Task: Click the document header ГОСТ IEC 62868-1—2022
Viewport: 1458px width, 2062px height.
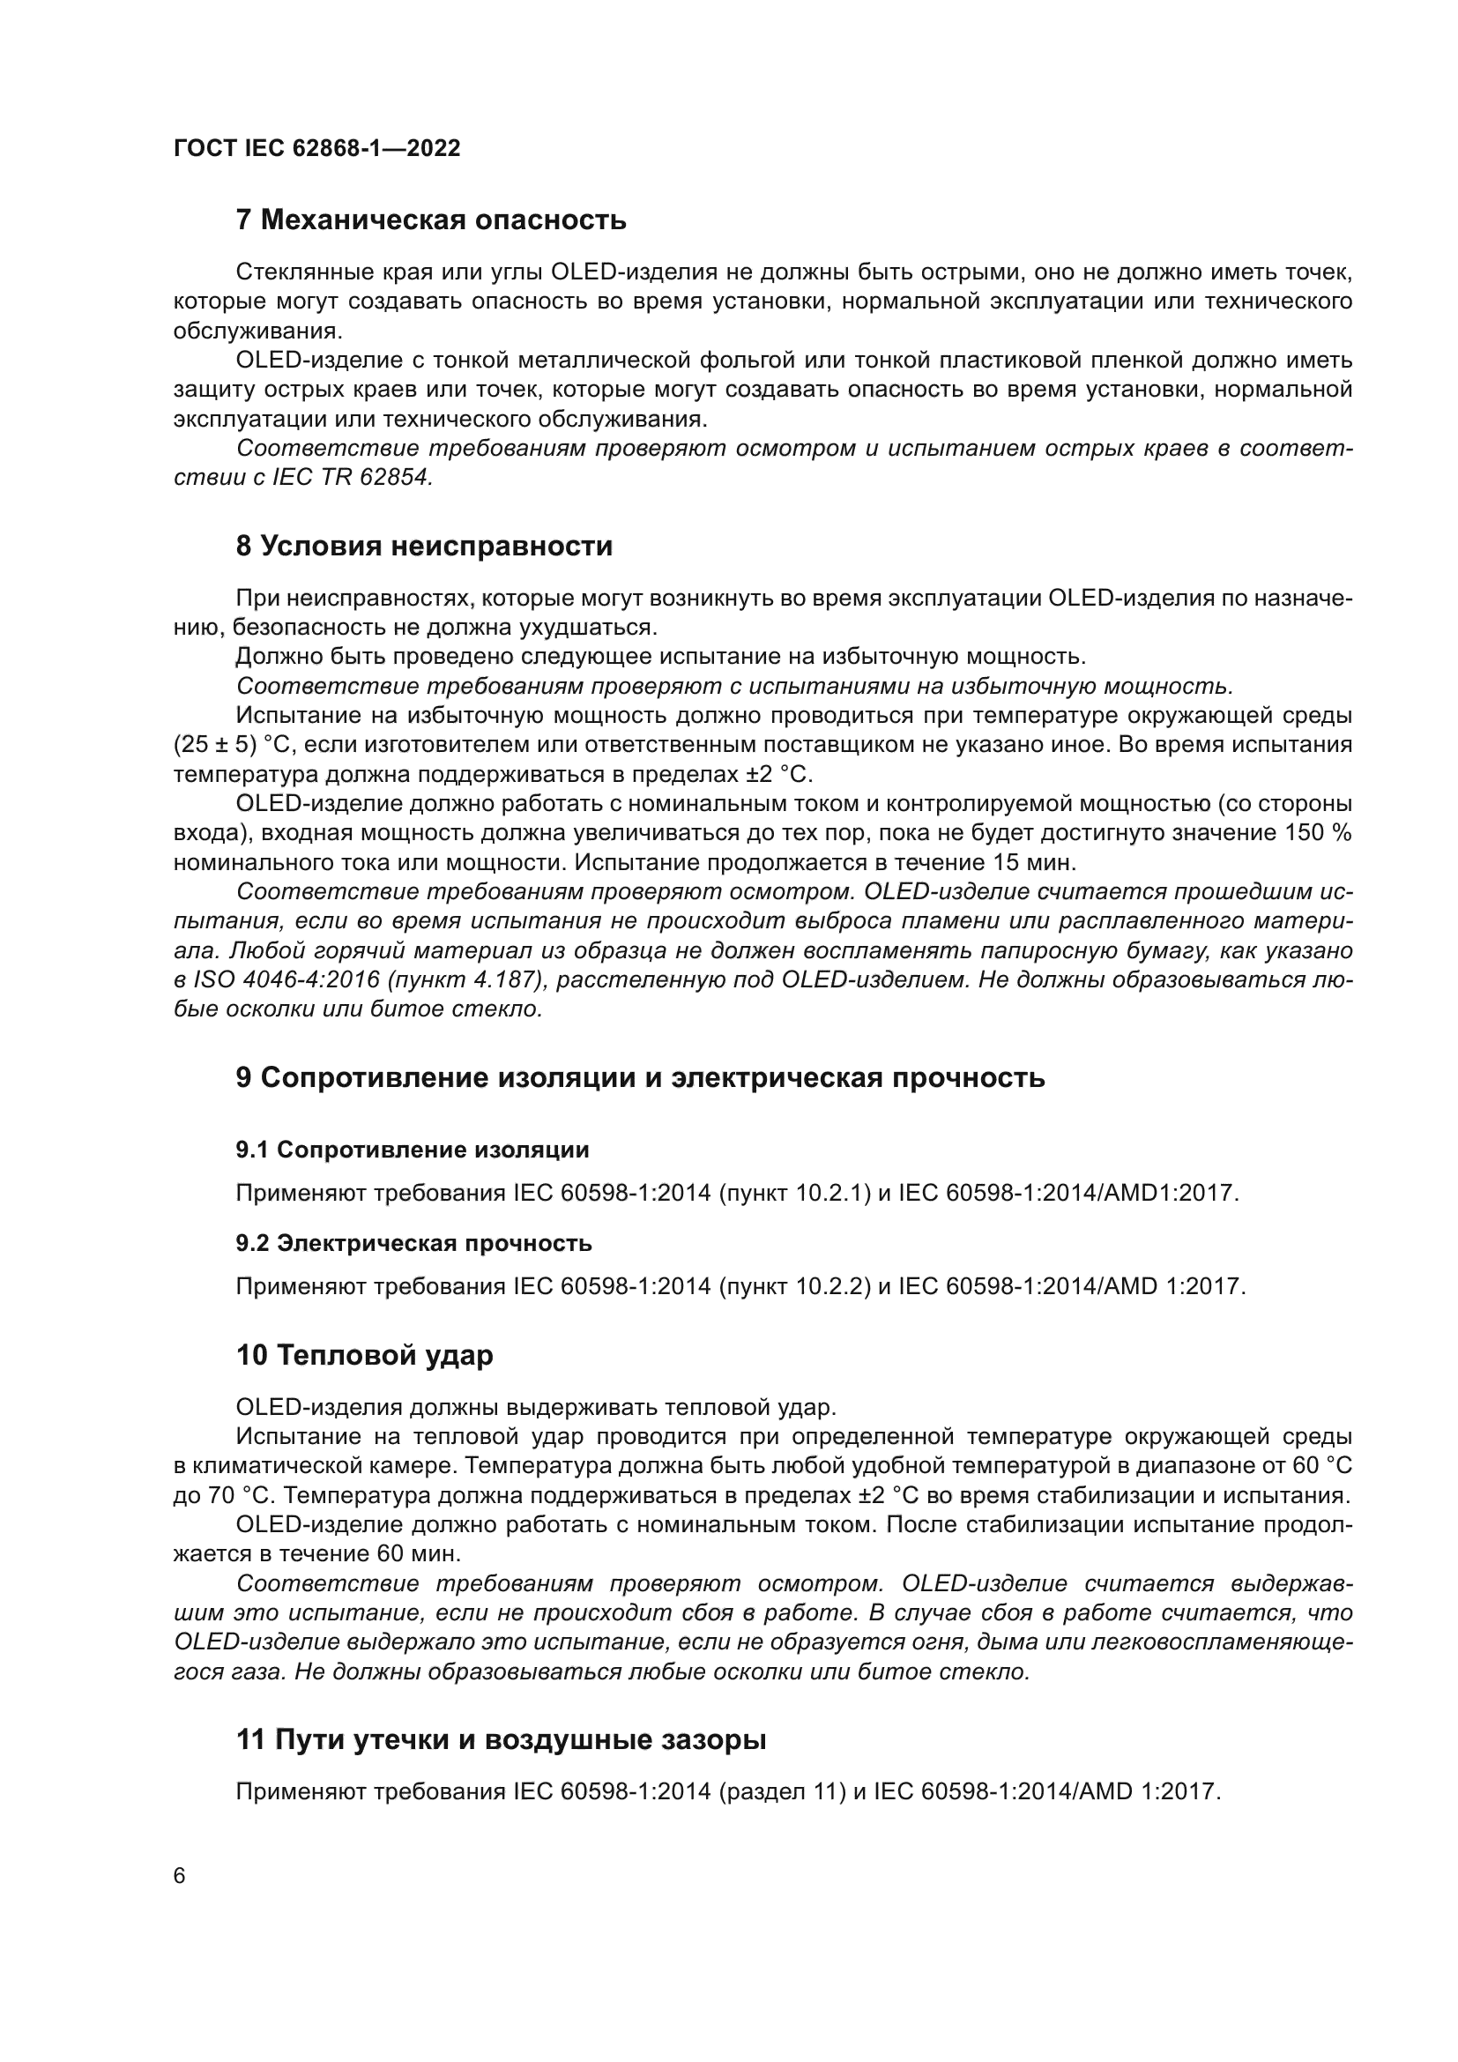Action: pos(316,148)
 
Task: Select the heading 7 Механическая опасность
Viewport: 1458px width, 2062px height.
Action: pos(431,220)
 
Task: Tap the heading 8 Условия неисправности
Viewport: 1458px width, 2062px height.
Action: pos(424,546)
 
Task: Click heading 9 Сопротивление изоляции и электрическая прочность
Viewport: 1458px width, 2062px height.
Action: pos(640,1077)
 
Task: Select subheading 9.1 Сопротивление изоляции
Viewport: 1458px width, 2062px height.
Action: pos(412,1150)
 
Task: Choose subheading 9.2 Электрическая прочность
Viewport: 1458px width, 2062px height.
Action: pos(414,1244)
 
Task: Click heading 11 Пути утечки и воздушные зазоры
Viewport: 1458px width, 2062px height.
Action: pos(501,1740)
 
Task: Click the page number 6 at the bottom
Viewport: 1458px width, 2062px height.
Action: pos(180,1876)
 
